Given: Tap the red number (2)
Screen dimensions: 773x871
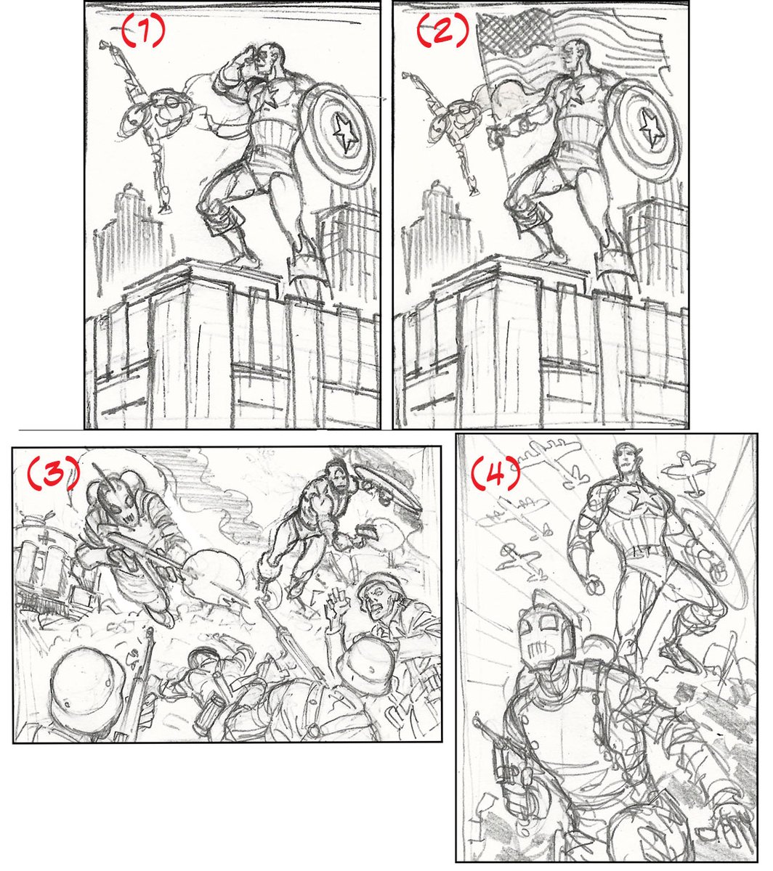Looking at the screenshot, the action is pos(442,29).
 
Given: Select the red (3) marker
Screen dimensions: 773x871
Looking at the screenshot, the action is pos(54,473).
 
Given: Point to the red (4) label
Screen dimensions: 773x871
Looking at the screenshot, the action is pos(495,473).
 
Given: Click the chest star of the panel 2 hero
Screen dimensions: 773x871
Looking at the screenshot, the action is pos(575,92).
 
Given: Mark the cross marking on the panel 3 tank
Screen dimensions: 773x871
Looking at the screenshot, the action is pos(41,536).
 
